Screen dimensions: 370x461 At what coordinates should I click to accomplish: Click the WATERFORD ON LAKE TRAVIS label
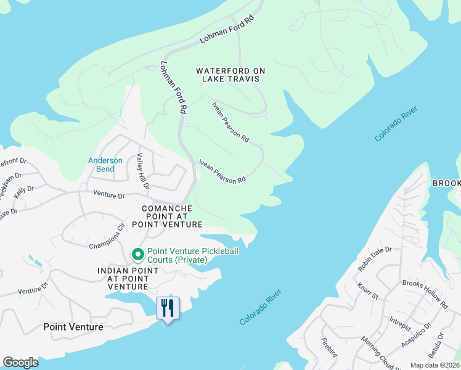[230, 75]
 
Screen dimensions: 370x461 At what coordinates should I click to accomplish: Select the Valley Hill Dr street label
[142, 171]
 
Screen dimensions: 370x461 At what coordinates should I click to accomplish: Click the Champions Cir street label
[107, 236]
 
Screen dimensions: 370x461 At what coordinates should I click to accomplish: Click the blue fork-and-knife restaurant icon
[168, 306]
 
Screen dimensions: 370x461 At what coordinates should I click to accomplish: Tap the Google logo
[20, 363]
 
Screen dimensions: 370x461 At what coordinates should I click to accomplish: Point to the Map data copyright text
[434, 365]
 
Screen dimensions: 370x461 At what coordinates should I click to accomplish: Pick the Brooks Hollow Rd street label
[425, 295]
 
